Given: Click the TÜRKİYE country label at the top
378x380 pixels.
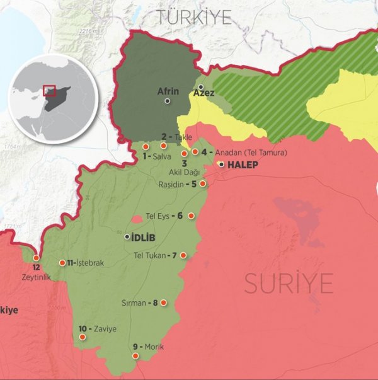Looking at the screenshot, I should click(x=194, y=17).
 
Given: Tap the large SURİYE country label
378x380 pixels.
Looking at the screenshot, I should click(x=289, y=285).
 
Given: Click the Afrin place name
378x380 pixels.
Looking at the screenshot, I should click(x=167, y=91).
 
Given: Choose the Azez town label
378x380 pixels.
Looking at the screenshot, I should click(x=203, y=93).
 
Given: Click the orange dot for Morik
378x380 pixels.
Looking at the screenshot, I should click(x=135, y=356).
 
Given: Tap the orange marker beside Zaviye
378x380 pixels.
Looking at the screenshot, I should click(x=83, y=337).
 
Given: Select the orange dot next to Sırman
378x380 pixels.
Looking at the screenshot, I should click(x=163, y=302).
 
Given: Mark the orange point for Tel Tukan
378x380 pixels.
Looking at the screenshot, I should click(x=183, y=255).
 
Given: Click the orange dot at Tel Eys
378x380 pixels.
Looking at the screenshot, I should click(x=191, y=216).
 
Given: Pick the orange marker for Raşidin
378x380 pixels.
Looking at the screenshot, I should click(x=202, y=184).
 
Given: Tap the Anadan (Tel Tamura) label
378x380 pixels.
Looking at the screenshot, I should click(x=251, y=153).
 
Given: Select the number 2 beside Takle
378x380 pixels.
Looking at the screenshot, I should click(x=164, y=136).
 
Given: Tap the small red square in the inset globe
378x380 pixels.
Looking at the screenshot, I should click(x=50, y=90).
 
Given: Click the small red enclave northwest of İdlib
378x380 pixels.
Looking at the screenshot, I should click(x=137, y=219).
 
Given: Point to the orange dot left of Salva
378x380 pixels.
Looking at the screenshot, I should click(x=146, y=147).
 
